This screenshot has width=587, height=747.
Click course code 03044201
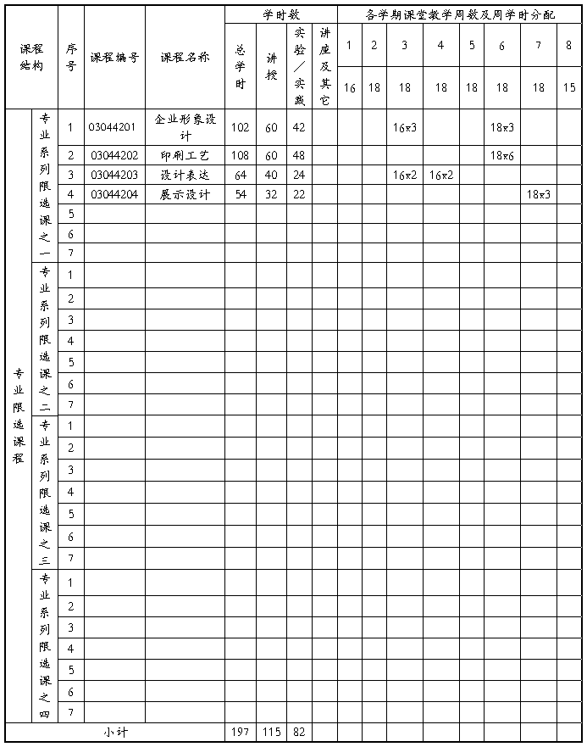pyautogui.click(x=114, y=127)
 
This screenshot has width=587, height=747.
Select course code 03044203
pyautogui.click(x=114, y=175)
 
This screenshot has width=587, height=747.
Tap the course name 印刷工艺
pyautogui.click(x=185, y=155)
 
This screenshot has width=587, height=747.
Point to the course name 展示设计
pyautogui.click(x=185, y=194)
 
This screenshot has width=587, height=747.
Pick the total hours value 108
pyautogui.click(x=240, y=155)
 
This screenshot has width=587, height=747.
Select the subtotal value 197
pyautogui.click(x=240, y=732)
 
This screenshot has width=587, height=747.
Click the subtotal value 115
pyautogui.click(x=271, y=732)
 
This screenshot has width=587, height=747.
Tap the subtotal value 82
pyautogui.click(x=299, y=732)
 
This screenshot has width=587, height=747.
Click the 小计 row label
pyautogui.click(x=115, y=732)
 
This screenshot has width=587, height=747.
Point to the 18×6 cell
pyautogui.click(x=502, y=155)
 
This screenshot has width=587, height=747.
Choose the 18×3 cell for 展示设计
pyautogui.click(x=539, y=194)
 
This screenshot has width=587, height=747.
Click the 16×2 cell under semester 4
pyautogui.click(x=440, y=175)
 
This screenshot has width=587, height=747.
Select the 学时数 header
pyautogui.click(x=281, y=14)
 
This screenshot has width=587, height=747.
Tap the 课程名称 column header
pyautogui.click(x=185, y=58)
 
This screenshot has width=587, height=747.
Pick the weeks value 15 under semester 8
pyautogui.click(x=568, y=87)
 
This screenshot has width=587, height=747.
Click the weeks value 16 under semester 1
pyautogui.click(x=349, y=87)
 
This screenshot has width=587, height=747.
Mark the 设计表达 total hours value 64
pyautogui.click(x=240, y=175)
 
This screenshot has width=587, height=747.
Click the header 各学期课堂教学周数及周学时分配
pyautogui.click(x=460, y=14)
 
